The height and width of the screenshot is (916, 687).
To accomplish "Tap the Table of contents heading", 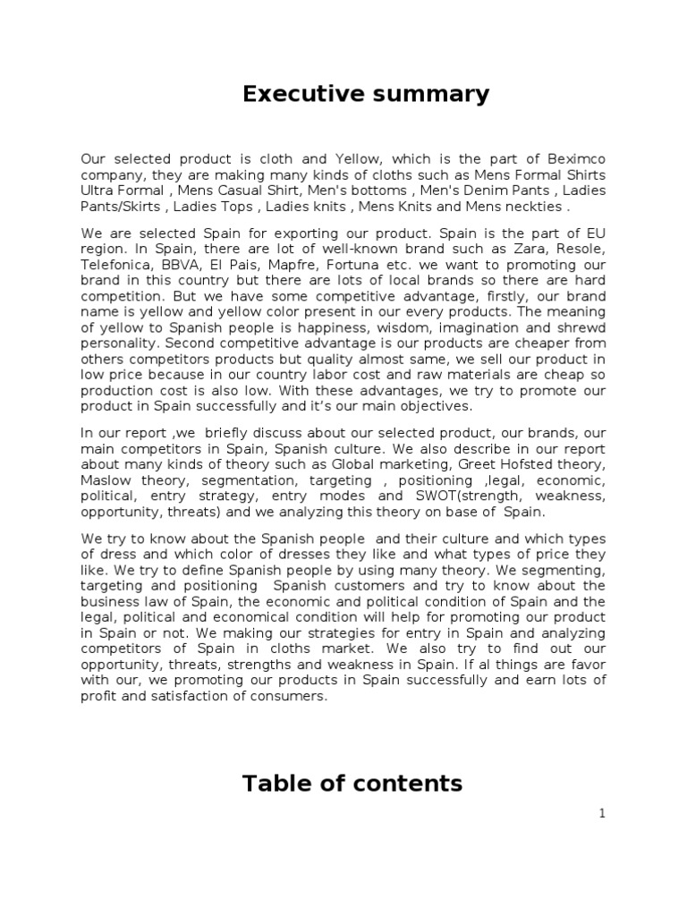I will coord(352,784).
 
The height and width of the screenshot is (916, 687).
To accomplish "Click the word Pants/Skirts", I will coord(120,207).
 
